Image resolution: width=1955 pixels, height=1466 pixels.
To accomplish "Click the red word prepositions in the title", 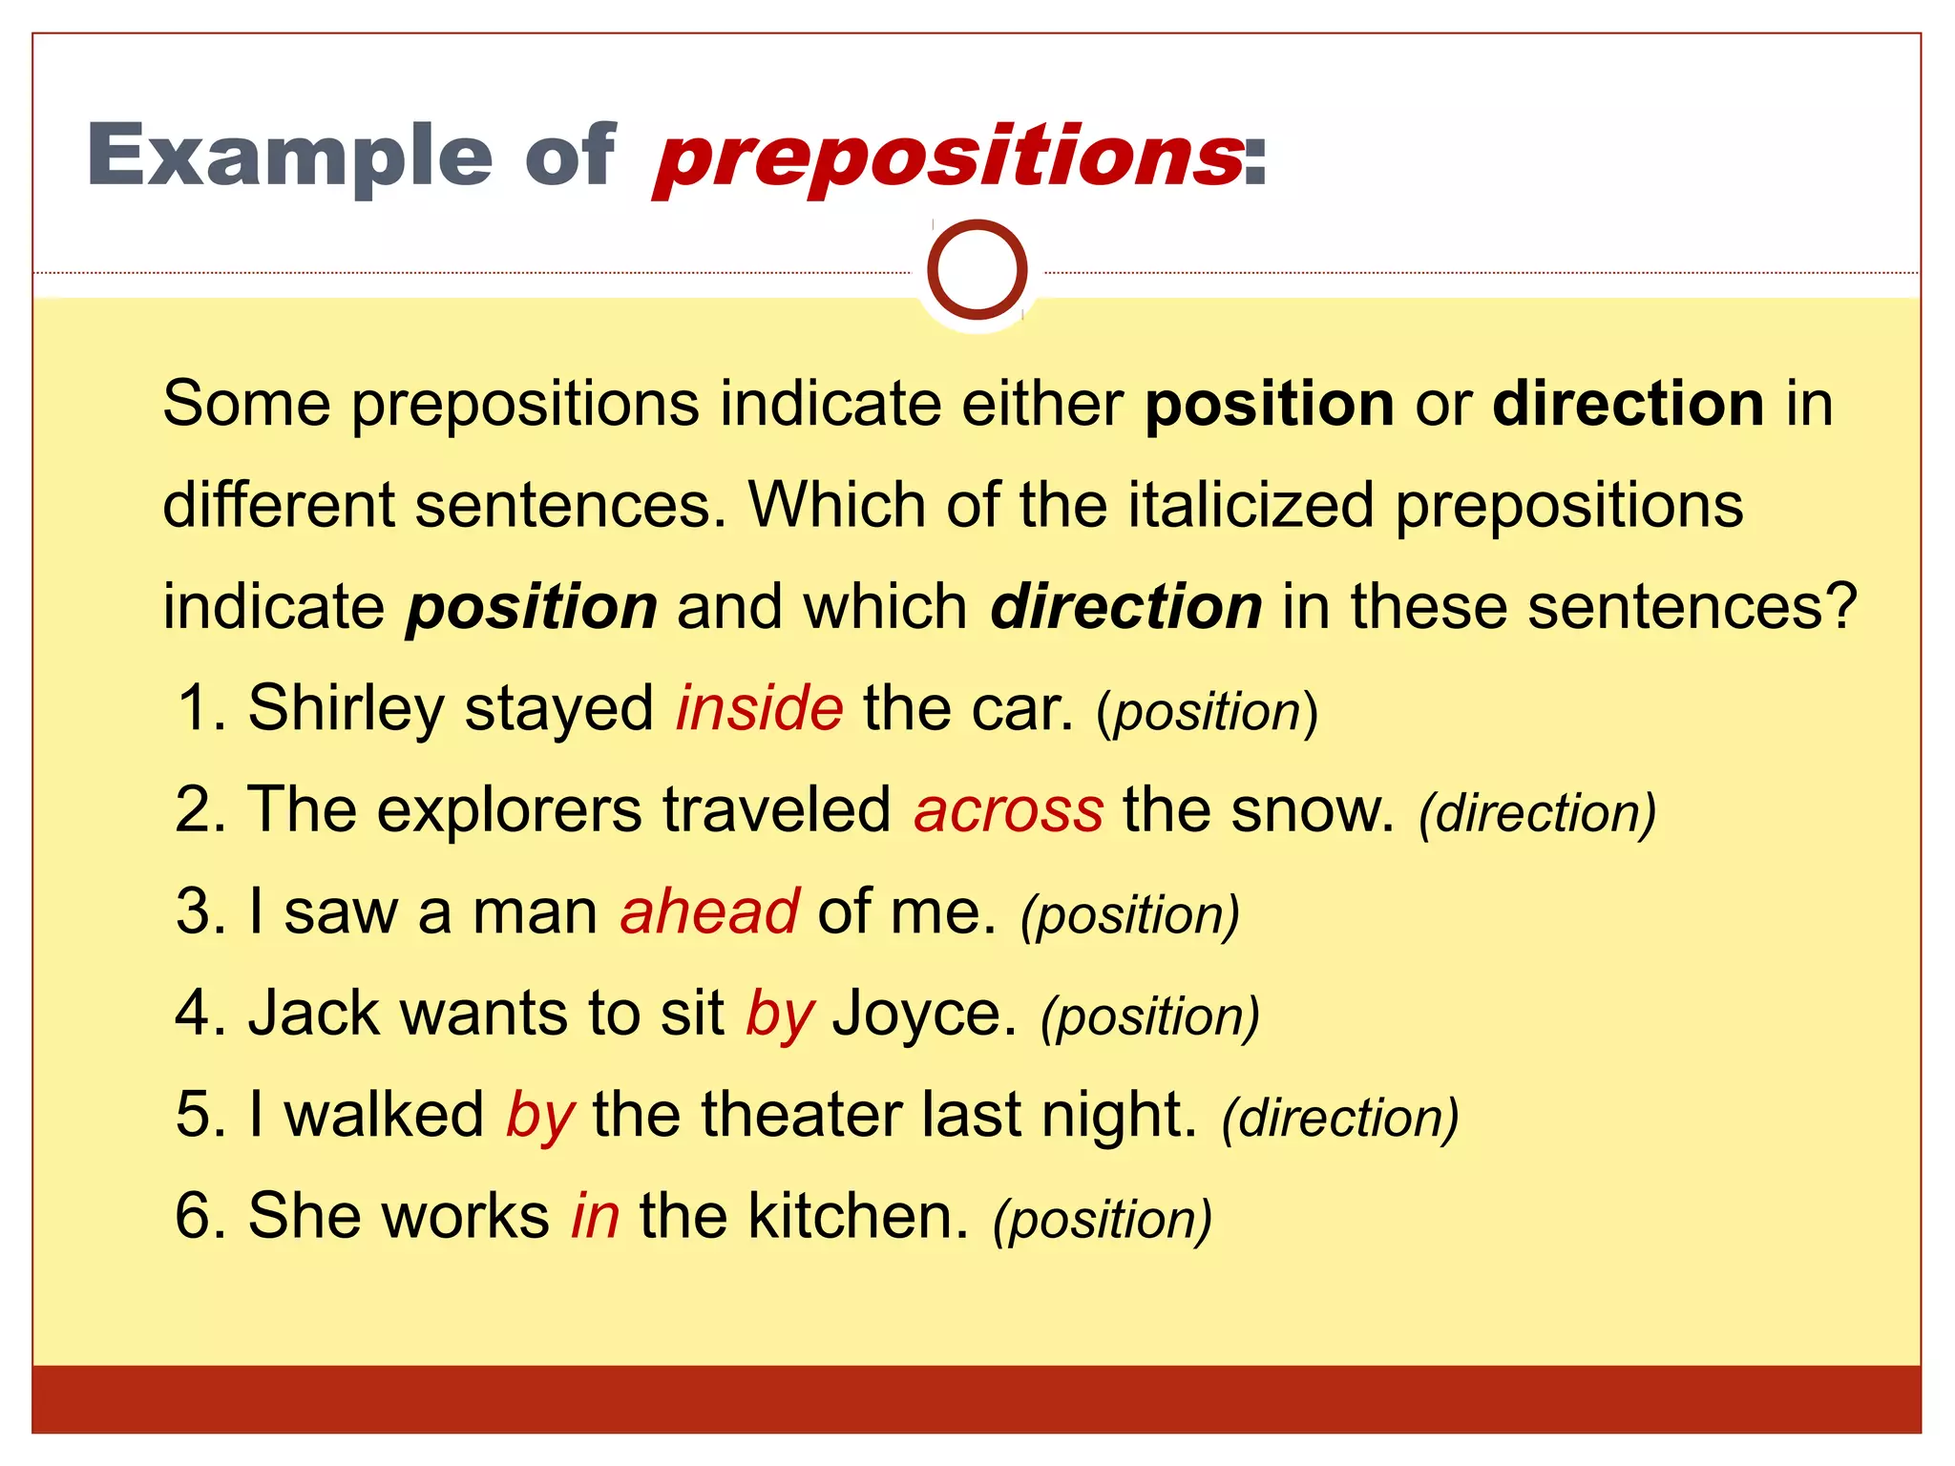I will click(950, 157).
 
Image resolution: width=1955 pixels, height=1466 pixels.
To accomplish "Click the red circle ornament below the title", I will click(977, 270).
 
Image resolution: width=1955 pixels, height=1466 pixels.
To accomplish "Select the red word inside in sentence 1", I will click(760, 708).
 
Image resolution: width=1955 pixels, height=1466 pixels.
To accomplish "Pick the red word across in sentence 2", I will click(1008, 810).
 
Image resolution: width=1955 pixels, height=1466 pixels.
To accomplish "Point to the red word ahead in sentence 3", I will click(709, 911).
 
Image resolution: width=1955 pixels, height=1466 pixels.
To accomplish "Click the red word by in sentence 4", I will click(780, 1014).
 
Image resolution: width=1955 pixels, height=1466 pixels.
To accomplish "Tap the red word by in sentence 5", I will click(539, 1115).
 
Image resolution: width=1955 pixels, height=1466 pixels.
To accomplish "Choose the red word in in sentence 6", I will click(596, 1217).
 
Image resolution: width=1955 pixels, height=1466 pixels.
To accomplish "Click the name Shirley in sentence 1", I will click(346, 708).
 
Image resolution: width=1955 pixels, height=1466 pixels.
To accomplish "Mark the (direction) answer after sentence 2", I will click(1537, 814).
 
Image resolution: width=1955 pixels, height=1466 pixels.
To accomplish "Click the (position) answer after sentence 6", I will click(1103, 1221).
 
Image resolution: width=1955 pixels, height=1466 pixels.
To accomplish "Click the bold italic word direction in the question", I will click(1126, 607).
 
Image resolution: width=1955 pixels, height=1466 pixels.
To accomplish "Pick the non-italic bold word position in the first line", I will click(1270, 405).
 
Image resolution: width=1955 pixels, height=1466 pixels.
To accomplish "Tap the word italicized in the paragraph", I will click(1251, 506).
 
